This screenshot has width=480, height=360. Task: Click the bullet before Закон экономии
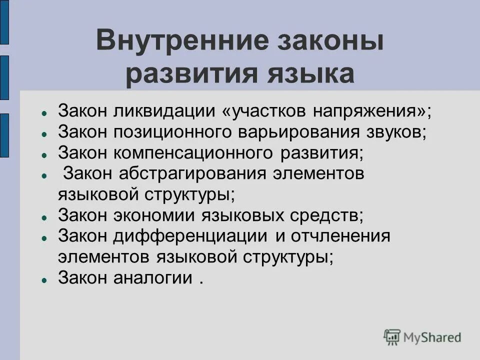[44, 217]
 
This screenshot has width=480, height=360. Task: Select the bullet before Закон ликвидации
[44, 112]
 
